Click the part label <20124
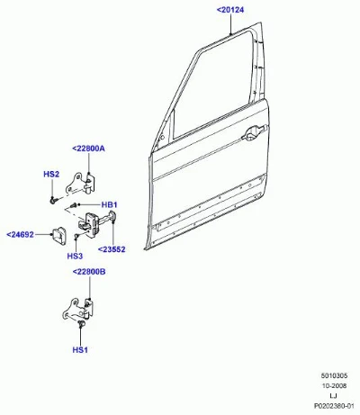(x=230, y=10)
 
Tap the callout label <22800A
(x=89, y=149)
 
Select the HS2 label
(x=51, y=174)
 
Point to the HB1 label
(x=109, y=205)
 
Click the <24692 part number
(x=20, y=234)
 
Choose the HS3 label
(x=75, y=256)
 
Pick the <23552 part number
(x=112, y=249)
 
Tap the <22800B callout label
(x=89, y=272)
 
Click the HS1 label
(x=80, y=350)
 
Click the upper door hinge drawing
(x=81, y=184)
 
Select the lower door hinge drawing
(x=78, y=310)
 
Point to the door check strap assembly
(x=96, y=223)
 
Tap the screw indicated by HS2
(x=53, y=200)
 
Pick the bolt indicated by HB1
(x=73, y=205)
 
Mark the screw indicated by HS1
(x=80, y=323)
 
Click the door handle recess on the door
(x=255, y=133)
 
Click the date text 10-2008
(x=334, y=386)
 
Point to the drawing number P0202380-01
(x=334, y=406)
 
